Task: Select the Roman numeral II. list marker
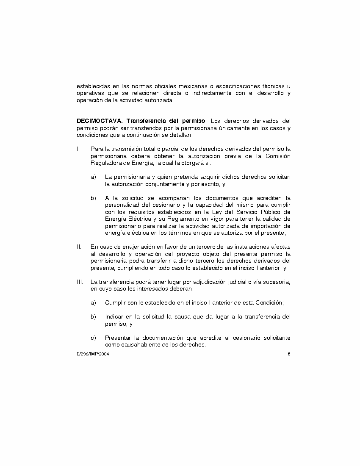pyautogui.click(x=79, y=247)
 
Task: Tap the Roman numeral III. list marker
pyautogui.click(x=80, y=282)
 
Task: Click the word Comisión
pyautogui.click(x=278, y=156)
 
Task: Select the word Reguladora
pyautogui.click(x=105, y=163)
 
